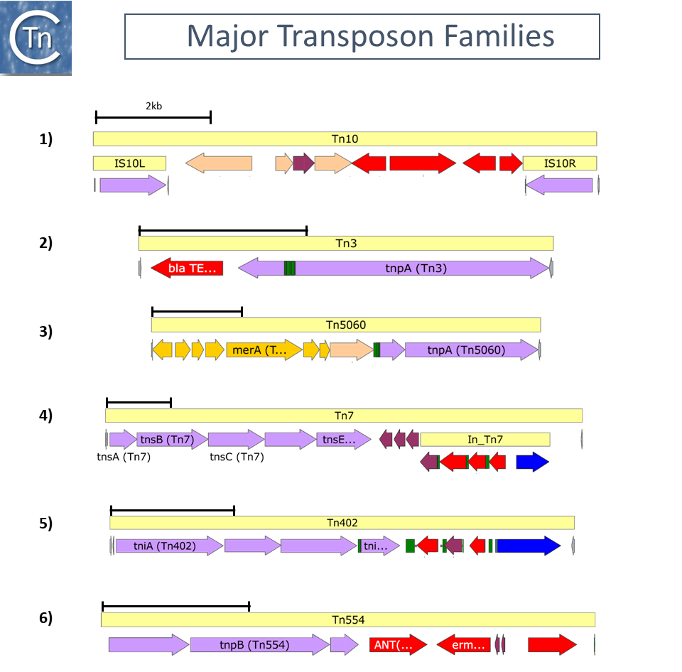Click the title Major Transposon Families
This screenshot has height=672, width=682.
pos(362,36)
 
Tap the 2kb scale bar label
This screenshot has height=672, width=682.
pos(154,106)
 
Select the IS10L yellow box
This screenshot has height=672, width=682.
pos(129,163)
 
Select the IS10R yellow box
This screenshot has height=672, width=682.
pos(559,163)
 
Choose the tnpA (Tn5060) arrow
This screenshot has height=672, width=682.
pos(472,349)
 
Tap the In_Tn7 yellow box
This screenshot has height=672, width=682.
pos(485,440)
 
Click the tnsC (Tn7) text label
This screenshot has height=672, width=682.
pos(237,457)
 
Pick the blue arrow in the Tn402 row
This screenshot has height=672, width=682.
pos(529,546)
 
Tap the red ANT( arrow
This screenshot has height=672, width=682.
pos(397,645)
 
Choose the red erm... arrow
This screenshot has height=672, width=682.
pos(464,645)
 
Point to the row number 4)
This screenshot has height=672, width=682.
pos(45,415)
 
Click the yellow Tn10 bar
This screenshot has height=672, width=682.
pos(345,139)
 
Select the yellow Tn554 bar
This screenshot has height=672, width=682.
pos(348,619)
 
